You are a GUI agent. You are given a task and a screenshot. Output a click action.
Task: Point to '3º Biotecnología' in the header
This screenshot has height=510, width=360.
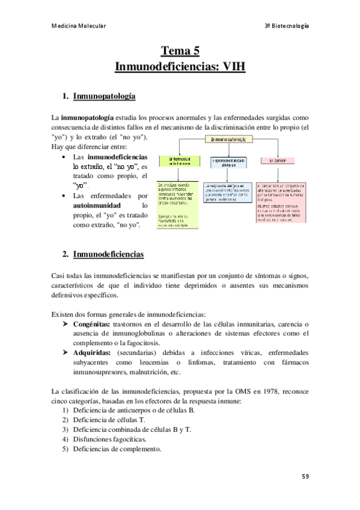point(287,26)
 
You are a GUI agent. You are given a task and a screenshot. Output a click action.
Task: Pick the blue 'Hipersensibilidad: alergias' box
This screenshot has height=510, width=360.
point(227,161)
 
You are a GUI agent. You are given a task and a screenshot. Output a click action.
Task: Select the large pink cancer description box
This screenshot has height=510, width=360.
point(281,203)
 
